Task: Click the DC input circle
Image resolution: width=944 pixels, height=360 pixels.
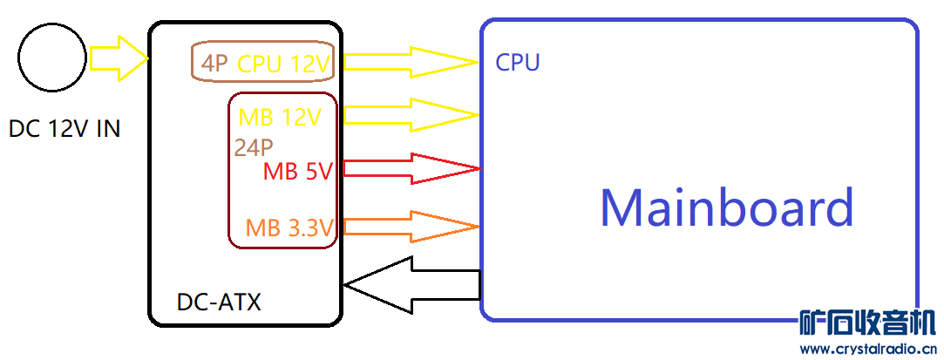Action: point(51,58)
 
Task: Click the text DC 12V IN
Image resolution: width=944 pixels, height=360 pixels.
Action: point(65,129)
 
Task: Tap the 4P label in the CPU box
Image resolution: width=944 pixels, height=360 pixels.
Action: point(215,63)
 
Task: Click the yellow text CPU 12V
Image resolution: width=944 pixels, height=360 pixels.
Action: point(285,63)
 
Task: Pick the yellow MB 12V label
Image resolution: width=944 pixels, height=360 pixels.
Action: point(280,117)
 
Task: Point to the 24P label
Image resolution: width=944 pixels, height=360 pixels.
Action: point(254,147)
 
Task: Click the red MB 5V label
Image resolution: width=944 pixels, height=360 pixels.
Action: point(298,172)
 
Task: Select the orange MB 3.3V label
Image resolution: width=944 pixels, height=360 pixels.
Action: point(290,228)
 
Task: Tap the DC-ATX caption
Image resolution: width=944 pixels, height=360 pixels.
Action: point(219,302)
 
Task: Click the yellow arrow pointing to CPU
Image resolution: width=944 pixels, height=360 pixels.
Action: point(411,62)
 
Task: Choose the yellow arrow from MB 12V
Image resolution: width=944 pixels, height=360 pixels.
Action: point(411,114)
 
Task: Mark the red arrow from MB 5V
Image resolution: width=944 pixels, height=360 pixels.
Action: point(411,168)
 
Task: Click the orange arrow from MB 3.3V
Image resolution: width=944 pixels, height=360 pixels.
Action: point(411,227)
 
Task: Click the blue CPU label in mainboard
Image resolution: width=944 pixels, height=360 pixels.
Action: point(518,63)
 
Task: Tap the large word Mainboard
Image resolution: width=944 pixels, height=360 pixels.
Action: point(726,208)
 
